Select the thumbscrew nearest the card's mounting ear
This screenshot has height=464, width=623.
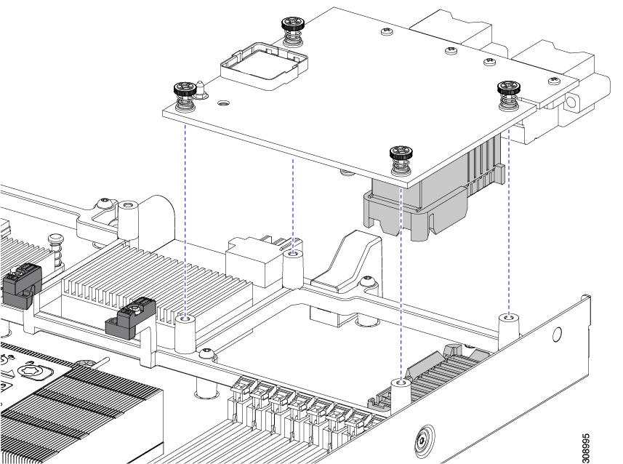point(507,92)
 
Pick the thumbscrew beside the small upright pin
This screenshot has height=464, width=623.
point(183,95)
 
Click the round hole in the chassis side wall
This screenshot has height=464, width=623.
point(557,335)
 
